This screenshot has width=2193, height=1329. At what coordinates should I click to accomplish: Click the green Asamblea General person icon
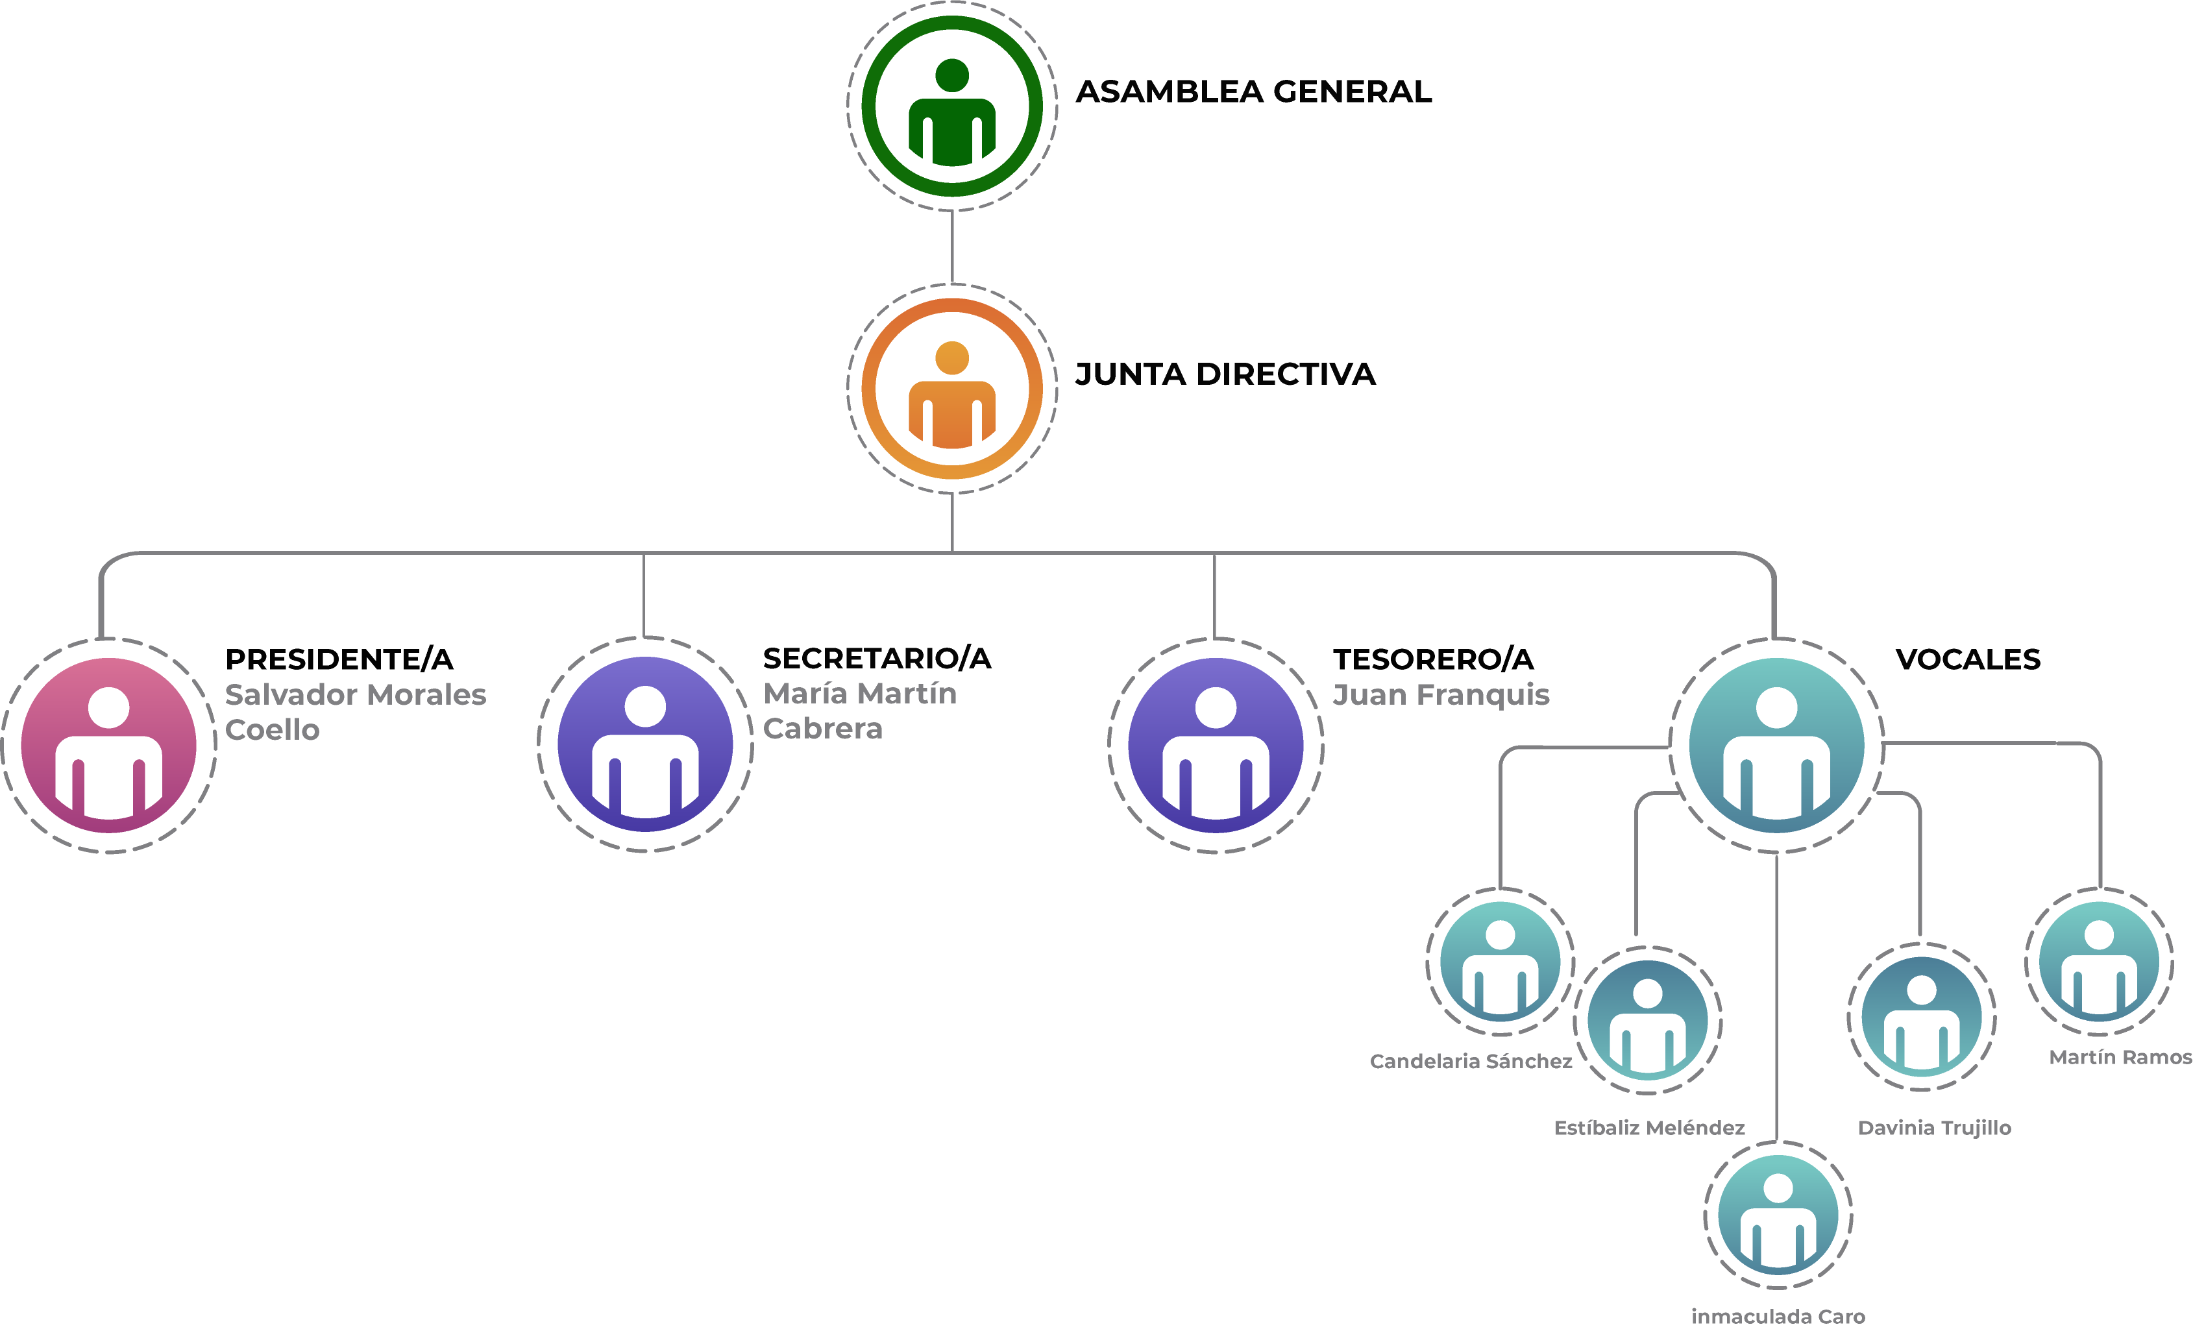[x=951, y=106]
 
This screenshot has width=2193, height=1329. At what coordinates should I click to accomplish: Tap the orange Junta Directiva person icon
[x=951, y=388]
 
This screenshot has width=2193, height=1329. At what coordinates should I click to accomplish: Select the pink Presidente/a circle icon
[x=108, y=745]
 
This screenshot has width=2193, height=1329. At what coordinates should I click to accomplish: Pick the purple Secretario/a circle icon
[x=645, y=744]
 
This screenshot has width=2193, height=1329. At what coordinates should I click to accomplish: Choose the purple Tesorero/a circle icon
[x=1216, y=745]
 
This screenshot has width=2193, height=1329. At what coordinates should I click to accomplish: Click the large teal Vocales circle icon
[x=1776, y=745]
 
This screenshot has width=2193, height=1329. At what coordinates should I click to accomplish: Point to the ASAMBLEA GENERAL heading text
[x=1254, y=91]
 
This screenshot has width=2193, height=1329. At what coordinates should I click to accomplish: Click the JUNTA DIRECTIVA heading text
[x=1225, y=374]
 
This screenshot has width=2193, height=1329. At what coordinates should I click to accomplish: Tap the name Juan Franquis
[x=1441, y=694]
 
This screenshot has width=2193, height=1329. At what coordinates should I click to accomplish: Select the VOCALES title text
[x=1968, y=659]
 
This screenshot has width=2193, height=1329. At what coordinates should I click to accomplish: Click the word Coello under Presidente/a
[x=273, y=730]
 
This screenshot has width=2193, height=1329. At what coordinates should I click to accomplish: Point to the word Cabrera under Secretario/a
[x=823, y=729]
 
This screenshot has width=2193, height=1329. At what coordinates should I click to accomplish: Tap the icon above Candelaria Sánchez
[x=1501, y=961]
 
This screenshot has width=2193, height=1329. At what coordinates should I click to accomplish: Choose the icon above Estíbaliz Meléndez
[x=1647, y=1020]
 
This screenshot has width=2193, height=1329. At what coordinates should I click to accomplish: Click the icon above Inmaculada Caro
[x=1778, y=1215]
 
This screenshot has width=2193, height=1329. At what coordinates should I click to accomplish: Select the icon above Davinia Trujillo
[x=1922, y=1017]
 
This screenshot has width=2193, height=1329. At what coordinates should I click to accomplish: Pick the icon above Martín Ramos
[x=2099, y=961]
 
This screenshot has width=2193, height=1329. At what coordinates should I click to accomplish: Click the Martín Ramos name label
[x=2120, y=1058]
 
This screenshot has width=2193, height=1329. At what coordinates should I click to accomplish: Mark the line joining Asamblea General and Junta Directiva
[x=952, y=247]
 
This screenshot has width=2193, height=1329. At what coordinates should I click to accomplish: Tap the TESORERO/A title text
[x=1433, y=659]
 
